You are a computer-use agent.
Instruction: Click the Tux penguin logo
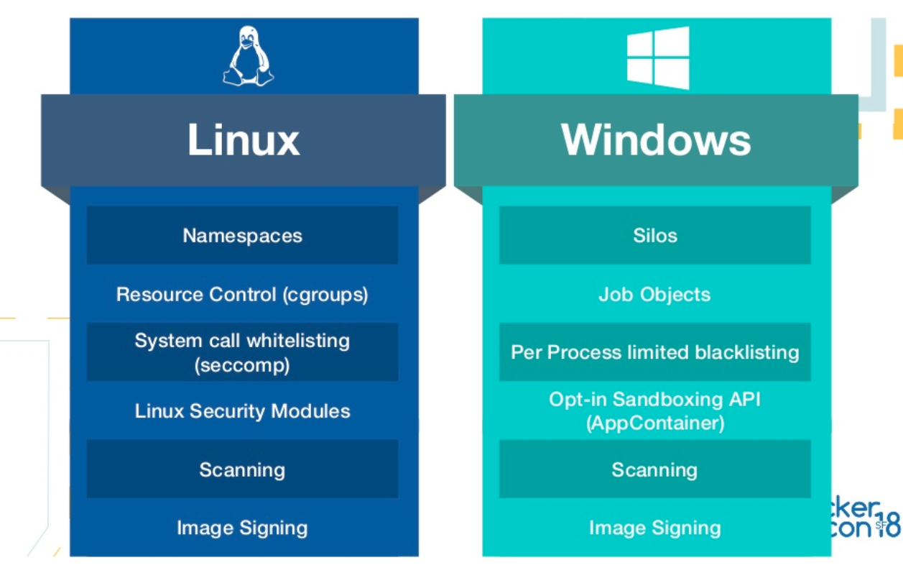[x=248, y=57]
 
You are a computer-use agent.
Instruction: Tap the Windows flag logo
[x=658, y=58]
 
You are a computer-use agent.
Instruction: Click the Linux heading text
[x=244, y=139]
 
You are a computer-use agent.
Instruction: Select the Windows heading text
[x=656, y=139]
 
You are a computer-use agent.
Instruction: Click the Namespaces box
[x=242, y=236]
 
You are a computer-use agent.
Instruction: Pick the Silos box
[x=655, y=236]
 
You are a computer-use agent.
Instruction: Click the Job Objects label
[x=654, y=295]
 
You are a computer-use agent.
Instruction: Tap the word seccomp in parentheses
[x=242, y=365]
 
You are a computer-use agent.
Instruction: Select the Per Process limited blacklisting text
[x=654, y=352]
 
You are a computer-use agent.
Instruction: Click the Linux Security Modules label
[x=242, y=411]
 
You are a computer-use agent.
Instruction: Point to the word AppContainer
[x=655, y=423]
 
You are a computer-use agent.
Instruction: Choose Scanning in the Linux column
[x=242, y=469]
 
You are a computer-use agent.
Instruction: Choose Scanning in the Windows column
[x=654, y=469]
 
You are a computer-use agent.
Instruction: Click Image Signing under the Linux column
[x=242, y=528]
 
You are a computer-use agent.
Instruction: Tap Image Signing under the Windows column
[x=654, y=528]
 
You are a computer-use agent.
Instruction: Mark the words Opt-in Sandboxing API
[x=654, y=399]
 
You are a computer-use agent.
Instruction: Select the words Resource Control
[x=196, y=295]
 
